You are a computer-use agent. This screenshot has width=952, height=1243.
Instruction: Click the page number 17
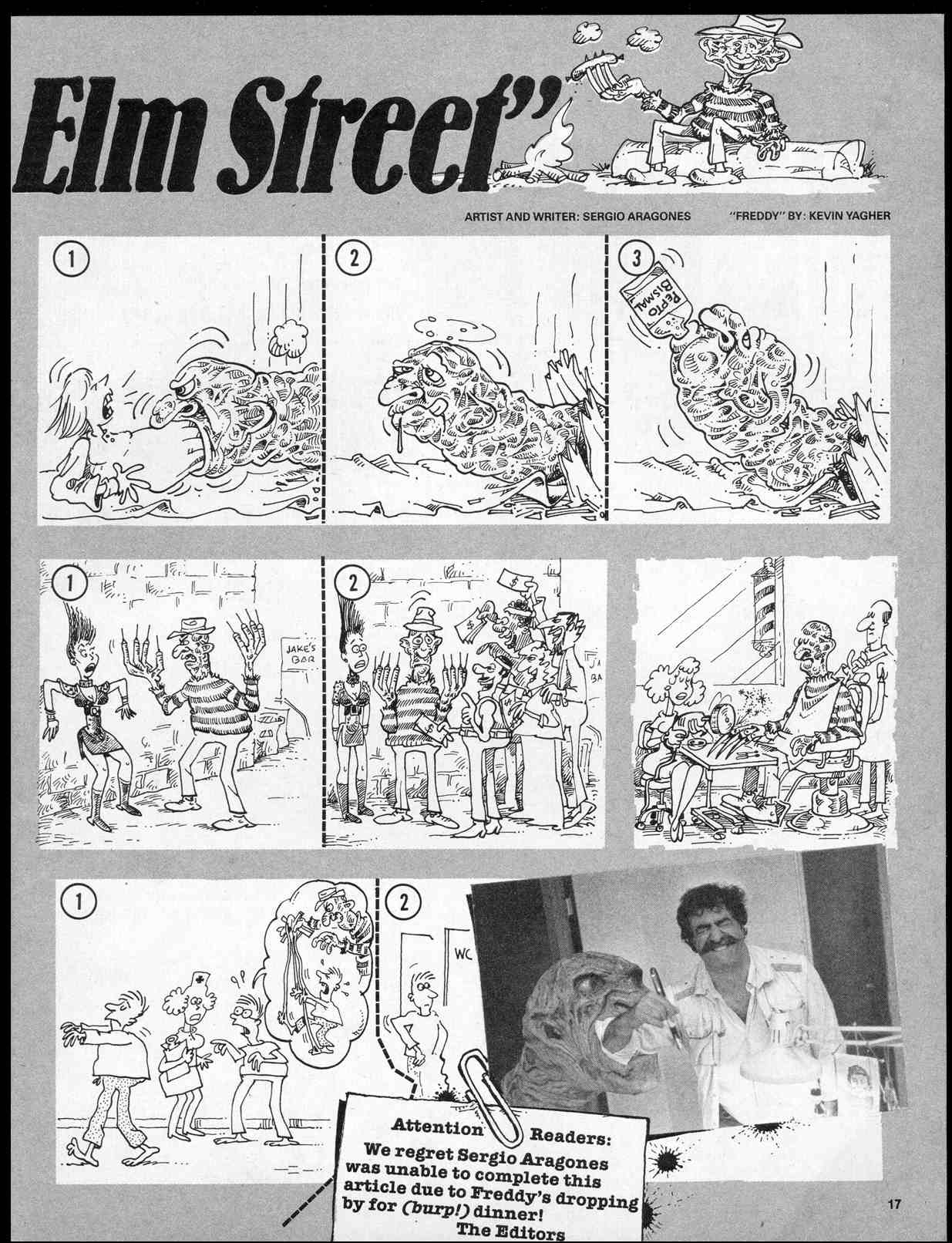(x=893, y=1204)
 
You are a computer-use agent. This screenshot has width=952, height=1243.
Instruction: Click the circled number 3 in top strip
(x=637, y=259)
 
